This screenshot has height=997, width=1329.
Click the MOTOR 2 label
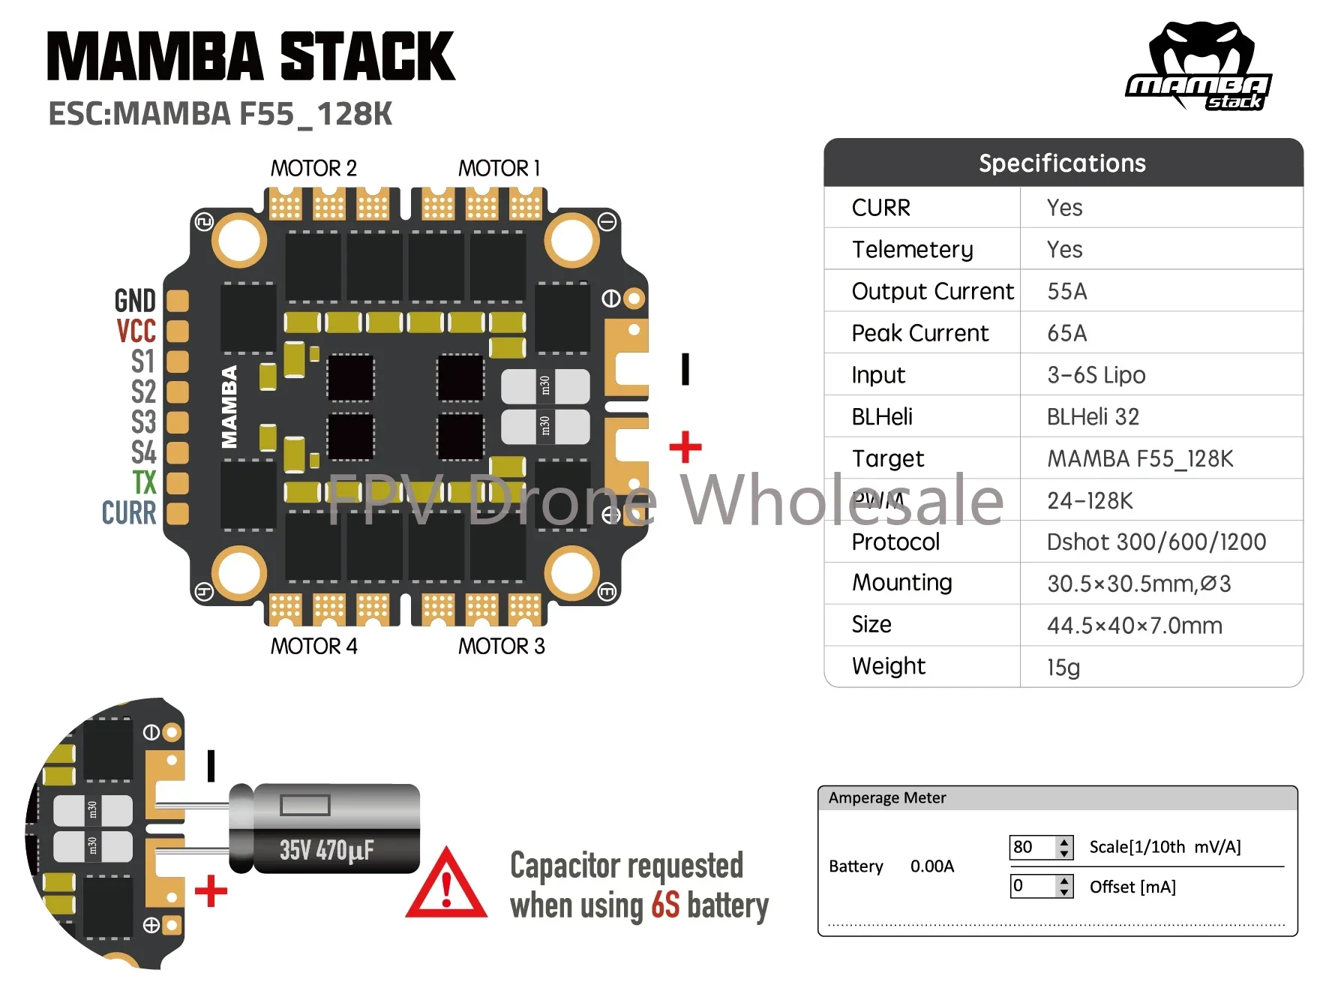click(x=313, y=168)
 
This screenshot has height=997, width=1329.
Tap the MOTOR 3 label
click(x=501, y=646)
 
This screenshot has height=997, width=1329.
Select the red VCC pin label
click(x=136, y=331)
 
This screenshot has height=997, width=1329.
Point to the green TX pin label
click(x=144, y=482)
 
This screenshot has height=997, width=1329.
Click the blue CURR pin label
click(x=129, y=513)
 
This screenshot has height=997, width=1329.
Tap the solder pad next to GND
click(x=177, y=301)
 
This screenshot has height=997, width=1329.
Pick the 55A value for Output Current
click(x=1066, y=291)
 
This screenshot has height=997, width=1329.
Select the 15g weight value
click(x=1063, y=667)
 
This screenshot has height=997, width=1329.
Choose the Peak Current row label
click(x=920, y=333)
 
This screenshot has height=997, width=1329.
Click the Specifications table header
click(x=1062, y=163)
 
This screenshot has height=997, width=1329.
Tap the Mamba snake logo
click(x=1199, y=66)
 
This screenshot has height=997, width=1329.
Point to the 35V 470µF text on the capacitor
click(x=326, y=851)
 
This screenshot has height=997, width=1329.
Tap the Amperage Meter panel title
click(x=886, y=797)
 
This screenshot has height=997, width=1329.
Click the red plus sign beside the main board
click(x=685, y=447)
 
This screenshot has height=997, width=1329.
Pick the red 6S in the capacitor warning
click(x=665, y=905)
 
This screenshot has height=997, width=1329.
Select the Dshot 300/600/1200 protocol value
click(x=1156, y=542)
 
